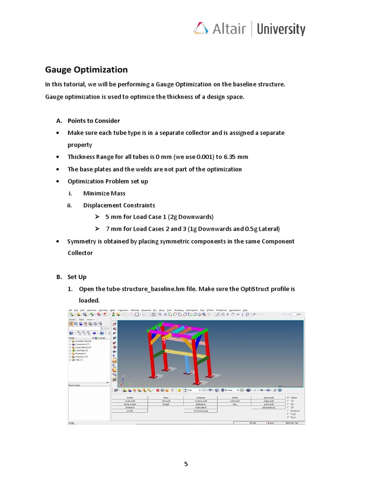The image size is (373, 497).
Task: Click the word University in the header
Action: click(281, 29)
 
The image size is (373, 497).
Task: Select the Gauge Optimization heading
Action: click(86, 69)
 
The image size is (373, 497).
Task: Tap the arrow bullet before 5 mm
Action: click(97, 217)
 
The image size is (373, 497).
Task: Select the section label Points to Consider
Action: click(94, 121)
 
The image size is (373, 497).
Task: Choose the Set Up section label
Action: click(77, 277)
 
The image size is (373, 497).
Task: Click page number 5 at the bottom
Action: click(186, 464)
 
